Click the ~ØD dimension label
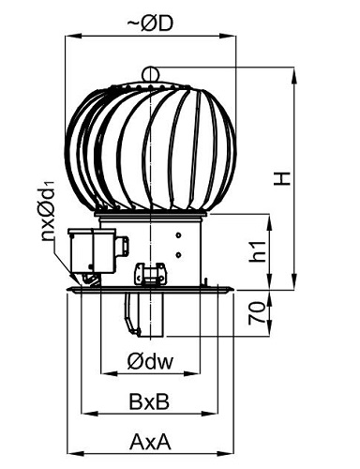150,23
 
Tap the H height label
282,178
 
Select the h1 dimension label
259,251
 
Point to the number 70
257,313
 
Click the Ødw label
150,361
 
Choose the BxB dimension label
149,401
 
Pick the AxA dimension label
150,442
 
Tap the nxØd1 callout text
48,210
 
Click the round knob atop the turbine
151,74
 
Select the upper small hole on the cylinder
178,235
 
